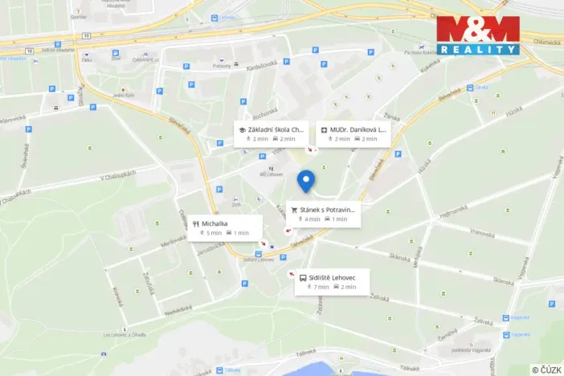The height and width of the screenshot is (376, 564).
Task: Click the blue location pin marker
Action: tap(305, 182)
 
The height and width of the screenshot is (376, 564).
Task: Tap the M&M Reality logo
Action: tap(477, 35)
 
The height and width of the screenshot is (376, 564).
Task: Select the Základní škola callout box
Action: tap(271, 133)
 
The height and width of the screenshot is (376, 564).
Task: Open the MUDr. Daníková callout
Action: tap(354, 133)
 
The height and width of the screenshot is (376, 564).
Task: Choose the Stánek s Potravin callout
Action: tap(322, 214)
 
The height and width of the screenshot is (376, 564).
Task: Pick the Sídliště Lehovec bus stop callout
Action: tap(332, 281)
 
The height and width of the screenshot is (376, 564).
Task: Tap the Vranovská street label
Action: tap(482, 232)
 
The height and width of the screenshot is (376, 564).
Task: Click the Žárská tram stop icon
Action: tap(470, 88)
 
